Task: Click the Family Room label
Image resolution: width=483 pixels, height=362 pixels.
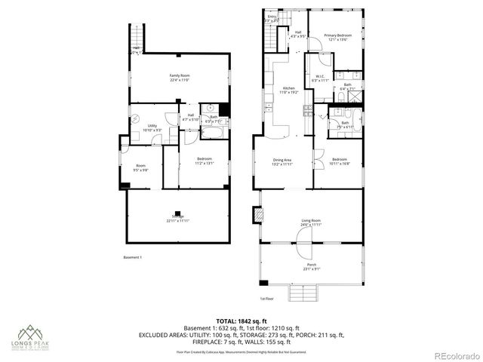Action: pos(179,77)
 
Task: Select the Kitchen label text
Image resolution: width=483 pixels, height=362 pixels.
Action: pos(288,90)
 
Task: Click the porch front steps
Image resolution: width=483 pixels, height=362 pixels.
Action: pos(306,293)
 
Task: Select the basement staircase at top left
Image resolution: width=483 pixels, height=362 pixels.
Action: pos(137,35)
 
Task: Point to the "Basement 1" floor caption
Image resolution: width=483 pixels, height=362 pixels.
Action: pos(132,258)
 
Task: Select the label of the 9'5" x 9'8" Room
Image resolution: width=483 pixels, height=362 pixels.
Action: pos(140,167)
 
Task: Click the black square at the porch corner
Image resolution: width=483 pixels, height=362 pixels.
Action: pos(263,283)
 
